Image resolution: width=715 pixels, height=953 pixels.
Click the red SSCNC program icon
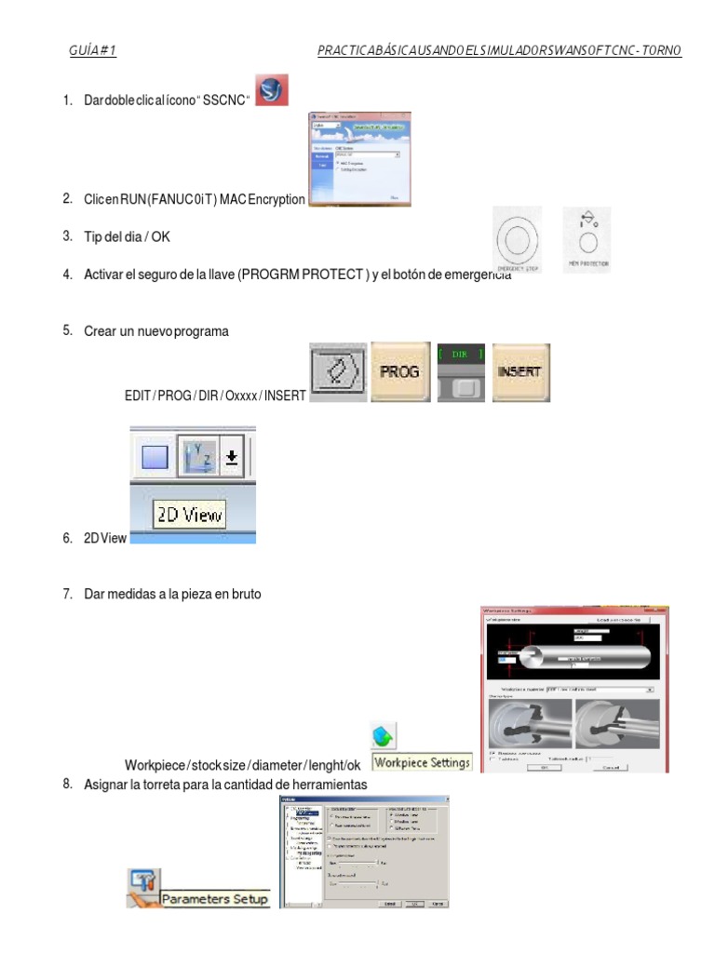coord(271,91)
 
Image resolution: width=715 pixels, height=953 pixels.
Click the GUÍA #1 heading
coord(92,50)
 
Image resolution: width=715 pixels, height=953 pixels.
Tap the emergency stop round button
coord(519,239)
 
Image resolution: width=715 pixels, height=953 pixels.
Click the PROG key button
coord(400,371)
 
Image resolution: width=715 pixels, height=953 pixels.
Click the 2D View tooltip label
coord(189,514)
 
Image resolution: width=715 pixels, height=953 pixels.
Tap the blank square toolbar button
coord(153,458)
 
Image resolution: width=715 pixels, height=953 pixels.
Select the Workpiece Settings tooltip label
coord(422,762)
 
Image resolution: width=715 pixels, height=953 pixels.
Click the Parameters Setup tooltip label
coord(214,899)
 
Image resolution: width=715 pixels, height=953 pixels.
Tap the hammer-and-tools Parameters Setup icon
coord(144,885)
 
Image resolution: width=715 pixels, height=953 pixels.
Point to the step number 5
coord(67,329)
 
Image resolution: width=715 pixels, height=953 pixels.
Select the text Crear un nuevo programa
coord(155,331)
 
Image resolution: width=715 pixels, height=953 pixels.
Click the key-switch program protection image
coord(587,240)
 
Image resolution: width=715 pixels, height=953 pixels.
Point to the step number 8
coord(67,784)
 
